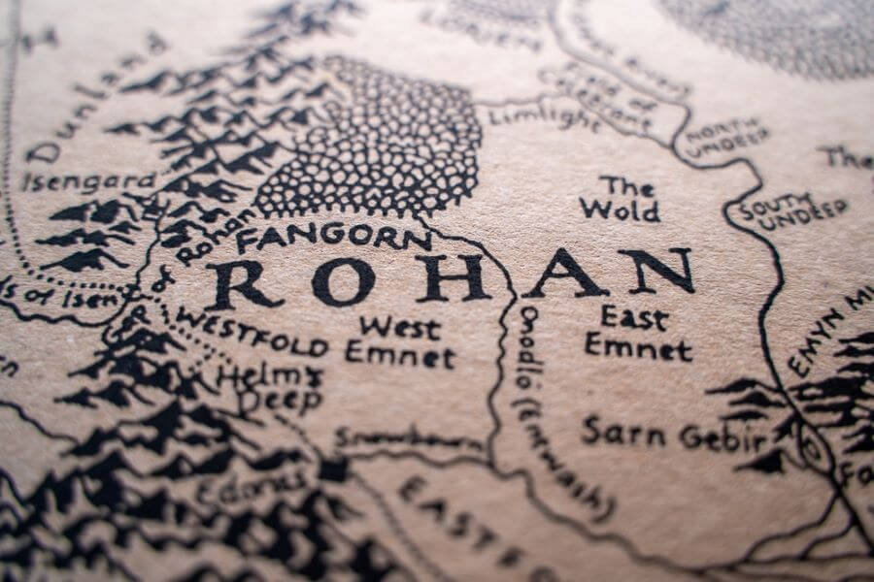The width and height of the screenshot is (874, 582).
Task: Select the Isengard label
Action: (89, 181)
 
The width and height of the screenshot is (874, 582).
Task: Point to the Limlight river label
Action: (544, 117)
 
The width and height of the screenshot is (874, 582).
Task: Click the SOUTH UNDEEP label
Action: (791, 213)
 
